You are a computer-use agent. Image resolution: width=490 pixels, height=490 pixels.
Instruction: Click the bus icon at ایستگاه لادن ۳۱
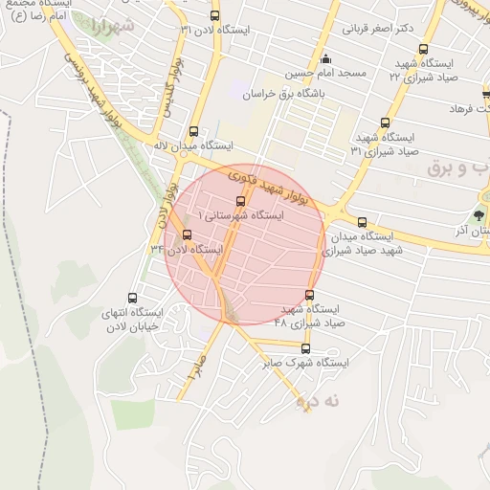214,15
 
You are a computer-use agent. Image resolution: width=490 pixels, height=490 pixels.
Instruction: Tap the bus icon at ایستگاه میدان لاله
194,131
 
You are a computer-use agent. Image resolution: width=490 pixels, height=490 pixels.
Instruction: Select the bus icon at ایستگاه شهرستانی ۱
239,200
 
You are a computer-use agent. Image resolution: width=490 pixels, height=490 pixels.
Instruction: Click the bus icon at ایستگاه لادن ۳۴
187,234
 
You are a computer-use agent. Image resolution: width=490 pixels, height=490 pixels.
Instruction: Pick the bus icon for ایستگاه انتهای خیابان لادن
132,298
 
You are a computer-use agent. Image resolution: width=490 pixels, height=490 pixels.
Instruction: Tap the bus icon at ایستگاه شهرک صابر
306,348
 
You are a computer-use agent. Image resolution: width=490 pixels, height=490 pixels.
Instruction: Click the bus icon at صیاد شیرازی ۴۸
308,295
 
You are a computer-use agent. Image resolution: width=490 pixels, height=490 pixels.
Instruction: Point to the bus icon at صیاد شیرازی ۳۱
386,122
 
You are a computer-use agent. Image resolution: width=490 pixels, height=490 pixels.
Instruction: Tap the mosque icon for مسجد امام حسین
326,57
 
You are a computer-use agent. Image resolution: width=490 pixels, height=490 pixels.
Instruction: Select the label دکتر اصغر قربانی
379,28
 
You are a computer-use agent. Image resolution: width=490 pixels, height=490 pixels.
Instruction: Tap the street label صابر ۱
197,368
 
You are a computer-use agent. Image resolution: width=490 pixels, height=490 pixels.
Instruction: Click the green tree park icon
479,213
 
